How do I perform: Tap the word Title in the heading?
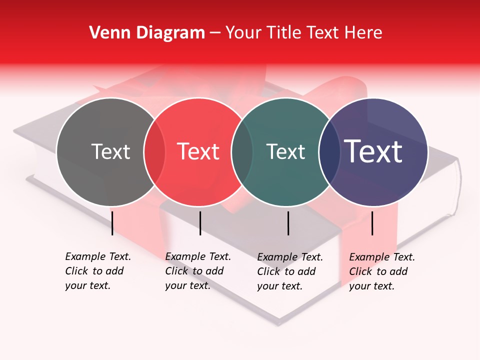[284, 33]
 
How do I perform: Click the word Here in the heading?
[364, 33]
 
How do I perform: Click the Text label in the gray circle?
[110, 151]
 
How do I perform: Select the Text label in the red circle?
[198, 151]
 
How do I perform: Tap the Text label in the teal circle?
[286, 151]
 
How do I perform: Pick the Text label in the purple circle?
[373, 151]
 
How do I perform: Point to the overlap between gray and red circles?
[154, 152]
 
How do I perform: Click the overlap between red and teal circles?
[242, 152]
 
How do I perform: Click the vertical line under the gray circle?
[112, 223]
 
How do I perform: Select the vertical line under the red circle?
[200, 223]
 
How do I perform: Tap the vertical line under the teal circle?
[288, 223]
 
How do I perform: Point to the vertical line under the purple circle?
[372, 223]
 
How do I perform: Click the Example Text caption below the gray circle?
[97, 271]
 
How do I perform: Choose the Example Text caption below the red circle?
[197, 271]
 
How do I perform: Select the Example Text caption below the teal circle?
[289, 271]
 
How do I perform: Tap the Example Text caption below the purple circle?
[381, 271]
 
